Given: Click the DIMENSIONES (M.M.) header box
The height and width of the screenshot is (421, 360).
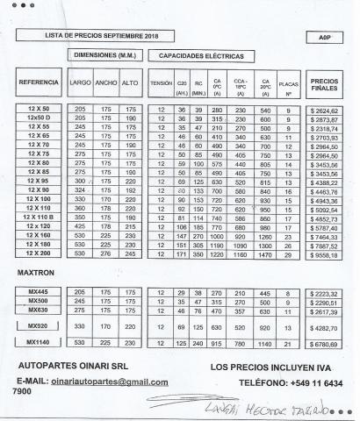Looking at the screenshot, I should [104, 55].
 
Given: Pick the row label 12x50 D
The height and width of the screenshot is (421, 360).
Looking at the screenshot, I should [39, 118].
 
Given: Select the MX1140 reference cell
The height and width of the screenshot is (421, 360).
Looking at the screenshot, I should [38, 342].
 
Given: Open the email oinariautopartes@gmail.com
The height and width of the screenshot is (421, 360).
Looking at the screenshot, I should [109, 382].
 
